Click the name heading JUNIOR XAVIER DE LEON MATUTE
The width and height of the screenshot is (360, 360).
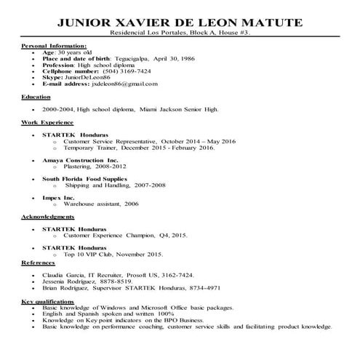[179, 23]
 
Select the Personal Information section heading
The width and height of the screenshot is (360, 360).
[54, 47]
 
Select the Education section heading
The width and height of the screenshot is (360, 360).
[36, 96]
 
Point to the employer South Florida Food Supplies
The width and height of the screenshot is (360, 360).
[84, 178]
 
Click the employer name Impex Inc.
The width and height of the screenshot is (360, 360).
[58, 197]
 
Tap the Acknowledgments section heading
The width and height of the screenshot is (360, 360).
[48, 217]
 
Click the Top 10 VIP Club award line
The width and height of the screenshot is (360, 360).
[116, 255]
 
